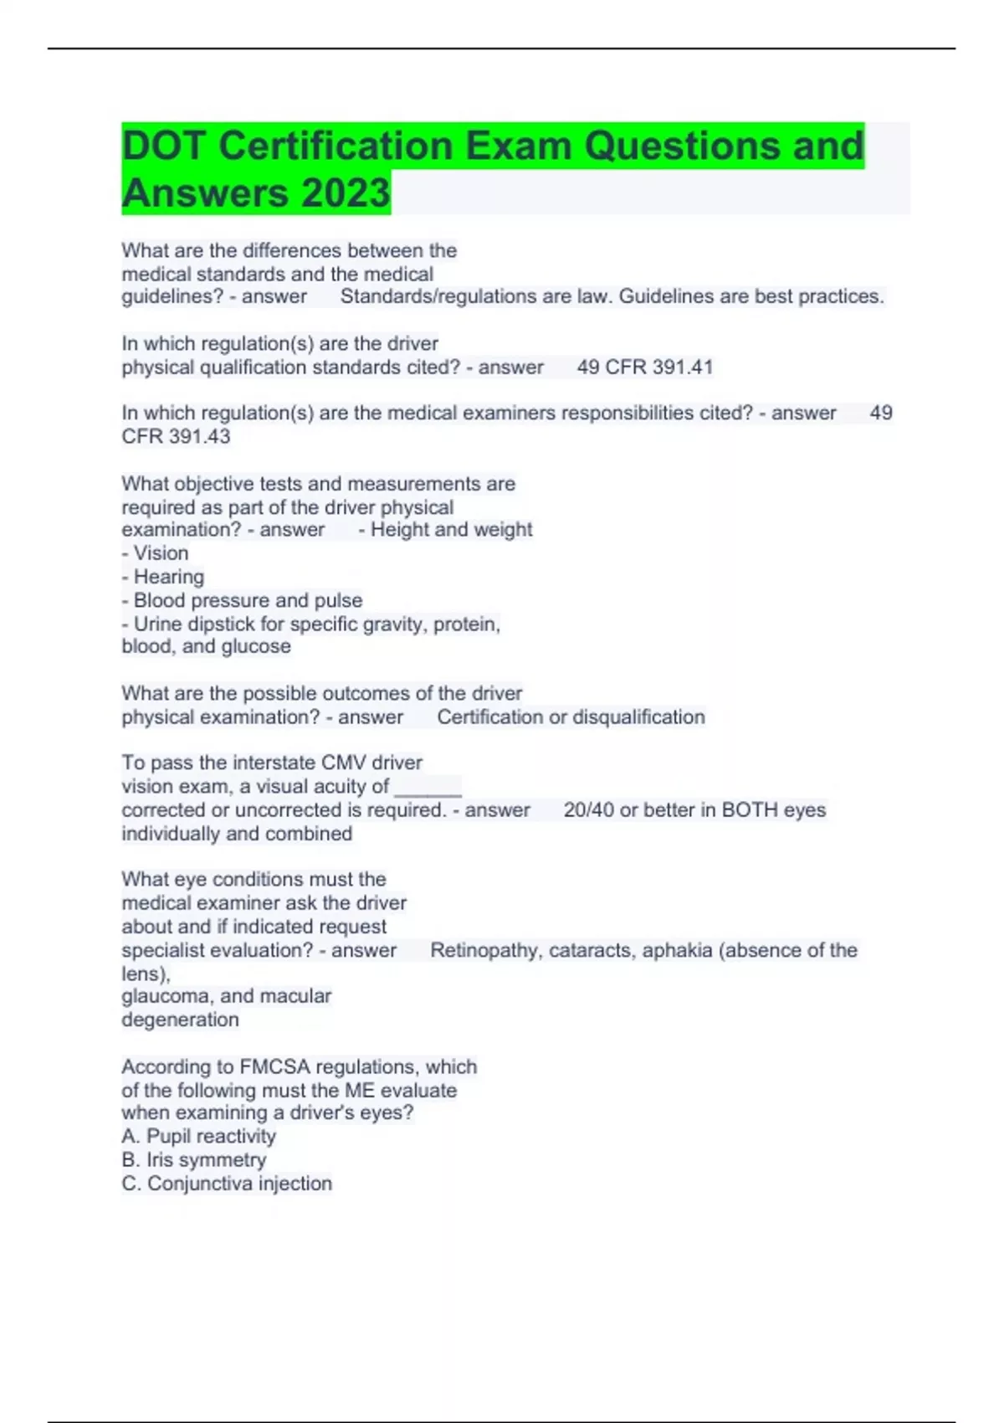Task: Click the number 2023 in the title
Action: click(x=346, y=193)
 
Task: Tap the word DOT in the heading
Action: click(x=163, y=146)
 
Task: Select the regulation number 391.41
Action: click(x=683, y=367)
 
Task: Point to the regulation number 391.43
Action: click(x=199, y=436)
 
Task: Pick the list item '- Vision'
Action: click(x=155, y=553)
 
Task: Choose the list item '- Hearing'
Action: click(x=162, y=577)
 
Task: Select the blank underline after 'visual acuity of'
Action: click(x=428, y=787)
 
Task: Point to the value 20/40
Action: click(x=589, y=810)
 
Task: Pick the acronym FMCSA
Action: click(x=274, y=1066)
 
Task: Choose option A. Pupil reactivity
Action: click(x=198, y=1136)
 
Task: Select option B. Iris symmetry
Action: click(x=193, y=1159)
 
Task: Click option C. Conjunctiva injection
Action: click(x=227, y=1183)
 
